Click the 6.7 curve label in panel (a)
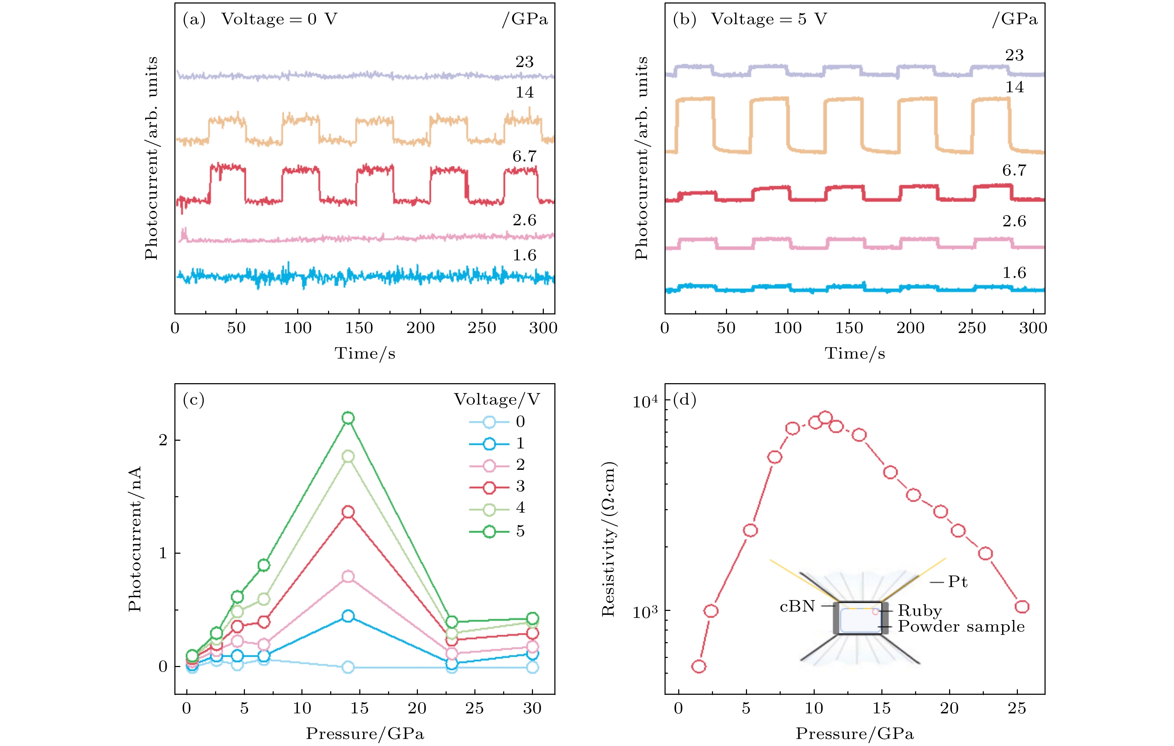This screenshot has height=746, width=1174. point(524,156)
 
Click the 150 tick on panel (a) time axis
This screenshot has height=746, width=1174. point(359,328)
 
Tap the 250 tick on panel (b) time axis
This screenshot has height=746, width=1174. point(972,328)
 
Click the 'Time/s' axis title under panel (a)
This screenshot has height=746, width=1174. point(365,353)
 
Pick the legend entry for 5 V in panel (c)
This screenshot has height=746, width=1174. point(497,531)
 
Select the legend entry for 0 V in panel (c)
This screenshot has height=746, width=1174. point(497,422)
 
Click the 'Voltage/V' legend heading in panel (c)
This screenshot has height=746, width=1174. point(497,400)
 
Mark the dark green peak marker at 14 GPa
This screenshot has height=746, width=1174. point(348,418)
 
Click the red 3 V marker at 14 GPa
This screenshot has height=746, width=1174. point(348,512)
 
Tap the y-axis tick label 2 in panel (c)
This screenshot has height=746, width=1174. point(163,440)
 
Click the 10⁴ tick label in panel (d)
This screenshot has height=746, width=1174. point(645,402)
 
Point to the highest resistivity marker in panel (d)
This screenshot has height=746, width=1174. point(825,418)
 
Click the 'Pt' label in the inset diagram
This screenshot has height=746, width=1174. point(957,582)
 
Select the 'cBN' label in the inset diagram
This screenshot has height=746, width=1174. point(797,606)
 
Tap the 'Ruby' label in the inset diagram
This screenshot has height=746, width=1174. point(920,611)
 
